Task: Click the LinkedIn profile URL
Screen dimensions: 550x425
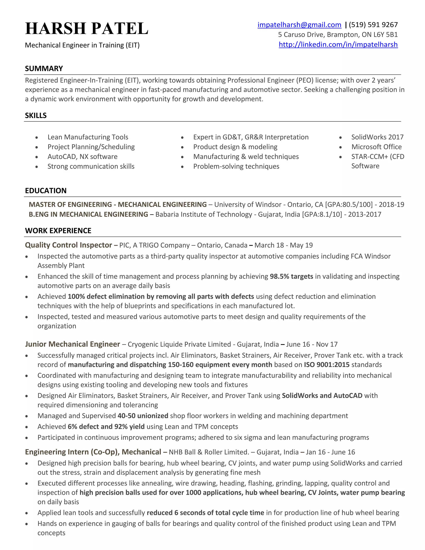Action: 338,45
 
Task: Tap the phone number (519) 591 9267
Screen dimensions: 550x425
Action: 373,25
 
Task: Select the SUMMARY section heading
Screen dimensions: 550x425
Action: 44,68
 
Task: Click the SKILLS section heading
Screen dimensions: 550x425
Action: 36,115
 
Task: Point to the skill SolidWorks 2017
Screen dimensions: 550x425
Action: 377,137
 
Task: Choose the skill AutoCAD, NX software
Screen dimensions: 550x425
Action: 82,157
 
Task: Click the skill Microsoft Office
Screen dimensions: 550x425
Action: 376,147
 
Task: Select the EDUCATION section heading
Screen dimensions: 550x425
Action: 46,191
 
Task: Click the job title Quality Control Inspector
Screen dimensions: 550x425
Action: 68,245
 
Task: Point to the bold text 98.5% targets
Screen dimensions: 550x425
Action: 291,276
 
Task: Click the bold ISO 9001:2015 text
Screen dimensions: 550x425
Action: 327,365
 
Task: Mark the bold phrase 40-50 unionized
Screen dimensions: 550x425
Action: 143,416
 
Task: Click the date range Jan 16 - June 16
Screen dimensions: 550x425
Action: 330,452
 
